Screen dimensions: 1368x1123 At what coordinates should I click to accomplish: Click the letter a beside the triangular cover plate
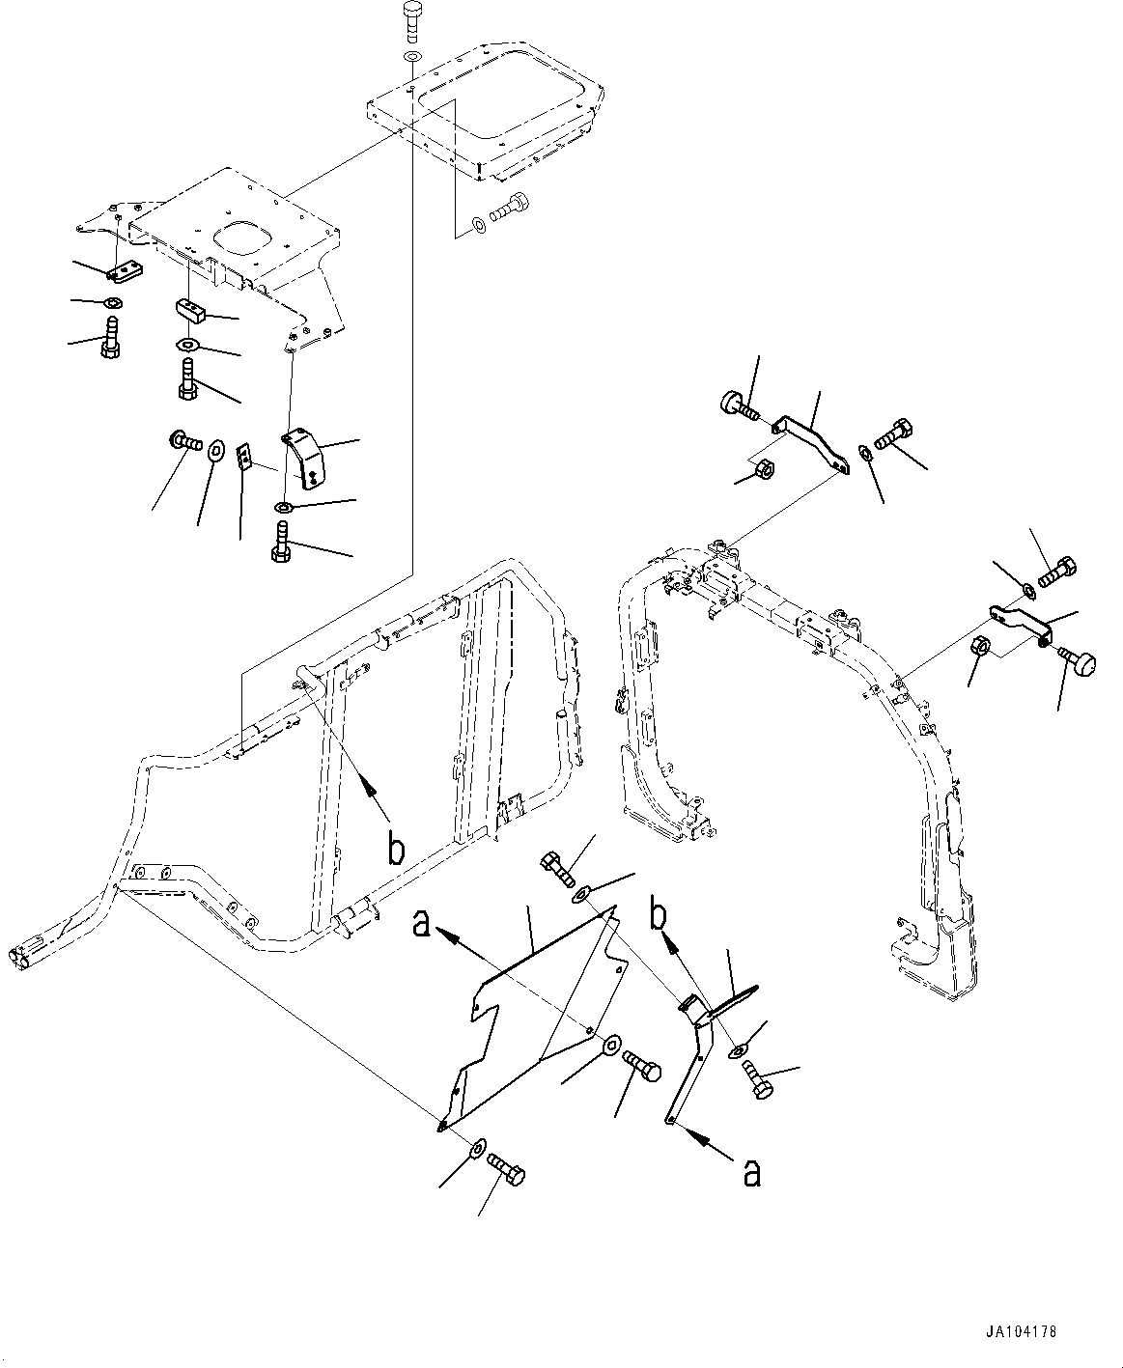[x=420, y=923]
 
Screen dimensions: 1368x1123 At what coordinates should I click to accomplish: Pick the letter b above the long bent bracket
[x=660, y=915]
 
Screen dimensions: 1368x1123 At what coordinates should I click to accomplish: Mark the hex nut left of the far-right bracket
[x=979, y=647]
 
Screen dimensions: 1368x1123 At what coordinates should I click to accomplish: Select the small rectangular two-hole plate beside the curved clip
[x=245, y=455]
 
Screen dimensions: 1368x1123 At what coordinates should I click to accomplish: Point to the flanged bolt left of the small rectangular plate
[x=184, y=443]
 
